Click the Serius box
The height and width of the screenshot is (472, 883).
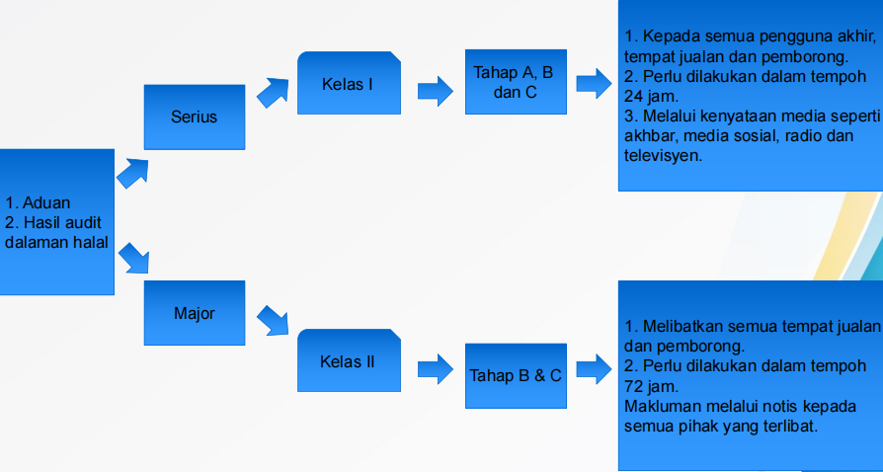coord(194,117)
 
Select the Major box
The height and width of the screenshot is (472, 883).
coord(194,314)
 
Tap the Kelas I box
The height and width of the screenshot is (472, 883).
coord(347,84)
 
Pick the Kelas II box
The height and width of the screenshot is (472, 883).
coord(347,361)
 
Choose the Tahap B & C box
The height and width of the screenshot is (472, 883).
coord(516,374)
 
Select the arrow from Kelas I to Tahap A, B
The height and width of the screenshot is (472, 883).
coord(435,93)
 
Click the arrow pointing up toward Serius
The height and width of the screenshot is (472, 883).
coord(132,172)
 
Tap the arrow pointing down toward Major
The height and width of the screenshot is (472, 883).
coord(132,259)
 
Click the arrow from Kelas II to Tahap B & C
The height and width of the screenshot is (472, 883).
coord(435,369)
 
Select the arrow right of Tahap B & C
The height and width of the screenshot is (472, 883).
coord(593,370)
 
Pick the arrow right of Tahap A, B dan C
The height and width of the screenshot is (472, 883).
coord(593,83)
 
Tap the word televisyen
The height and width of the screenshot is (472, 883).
coord(662,156)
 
